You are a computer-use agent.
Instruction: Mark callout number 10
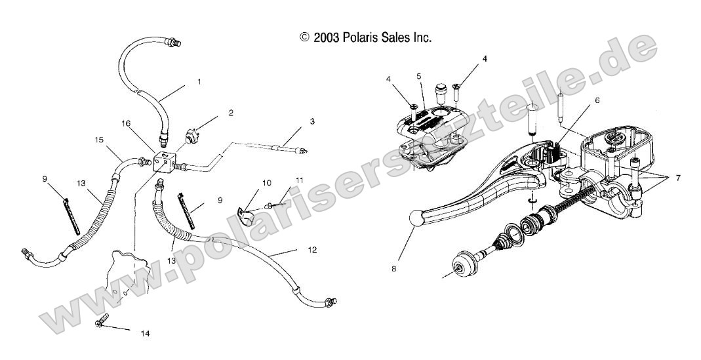point(249,182)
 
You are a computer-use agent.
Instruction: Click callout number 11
point(281,180)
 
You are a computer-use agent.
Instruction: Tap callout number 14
point(145,333)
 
